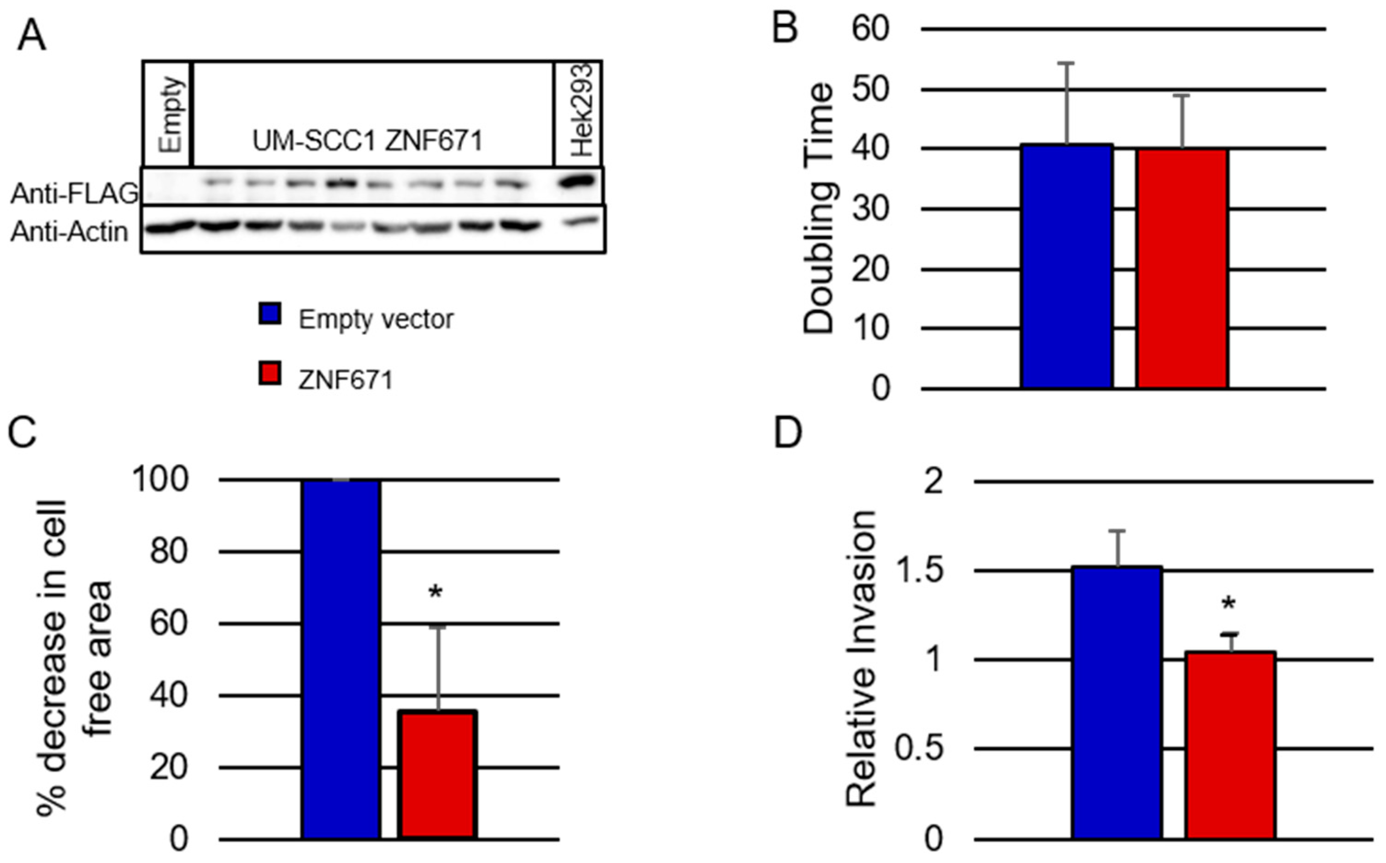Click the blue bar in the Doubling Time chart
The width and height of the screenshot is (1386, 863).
[1067, 266]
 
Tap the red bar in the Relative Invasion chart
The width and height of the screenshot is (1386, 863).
[1230, 745]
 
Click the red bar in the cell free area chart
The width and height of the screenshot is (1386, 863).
[438, 775]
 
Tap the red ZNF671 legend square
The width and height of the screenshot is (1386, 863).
[270, 375]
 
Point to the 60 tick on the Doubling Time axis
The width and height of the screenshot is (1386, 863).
[870, 29]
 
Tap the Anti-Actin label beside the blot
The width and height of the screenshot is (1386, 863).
[70, 232]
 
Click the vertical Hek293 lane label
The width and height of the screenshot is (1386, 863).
[582, 112]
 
